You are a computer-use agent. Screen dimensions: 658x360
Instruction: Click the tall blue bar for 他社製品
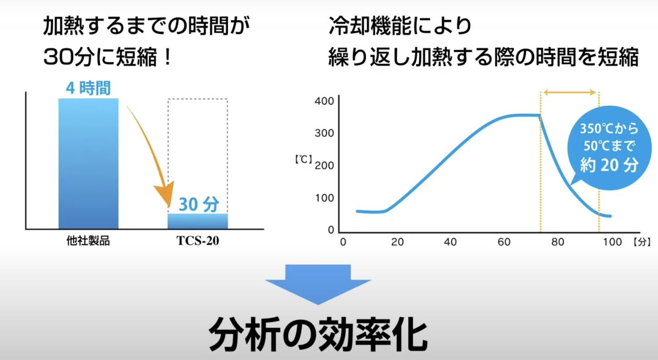point(89,163)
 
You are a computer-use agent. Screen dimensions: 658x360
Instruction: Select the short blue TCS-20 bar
point(198,221)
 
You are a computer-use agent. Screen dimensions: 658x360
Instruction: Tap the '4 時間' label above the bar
point(88,88)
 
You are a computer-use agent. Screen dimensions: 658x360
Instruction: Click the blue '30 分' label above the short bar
point(199,204)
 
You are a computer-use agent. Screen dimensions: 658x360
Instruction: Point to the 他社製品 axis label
point(88,241)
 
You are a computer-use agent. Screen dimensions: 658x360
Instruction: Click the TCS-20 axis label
point(198,241)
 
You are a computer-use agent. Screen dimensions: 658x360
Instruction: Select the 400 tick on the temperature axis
point(324,101)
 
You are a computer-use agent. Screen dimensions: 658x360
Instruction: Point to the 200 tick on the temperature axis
point(324,166)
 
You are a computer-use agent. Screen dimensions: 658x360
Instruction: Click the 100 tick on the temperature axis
point(324,198)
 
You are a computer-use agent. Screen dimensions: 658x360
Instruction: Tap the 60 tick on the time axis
point(504,242)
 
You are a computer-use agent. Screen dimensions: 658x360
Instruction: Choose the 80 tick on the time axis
point(558,242)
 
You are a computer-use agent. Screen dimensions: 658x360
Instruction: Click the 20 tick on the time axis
point(398,242)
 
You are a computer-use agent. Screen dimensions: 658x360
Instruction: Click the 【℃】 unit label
point(304,160)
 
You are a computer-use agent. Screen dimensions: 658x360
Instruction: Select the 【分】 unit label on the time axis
point(642,242)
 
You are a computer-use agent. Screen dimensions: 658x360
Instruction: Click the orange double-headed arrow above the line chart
point(569,93)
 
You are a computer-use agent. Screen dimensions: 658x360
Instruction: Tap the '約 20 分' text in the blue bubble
point(609,165)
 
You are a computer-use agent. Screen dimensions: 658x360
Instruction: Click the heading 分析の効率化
point(318,334)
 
